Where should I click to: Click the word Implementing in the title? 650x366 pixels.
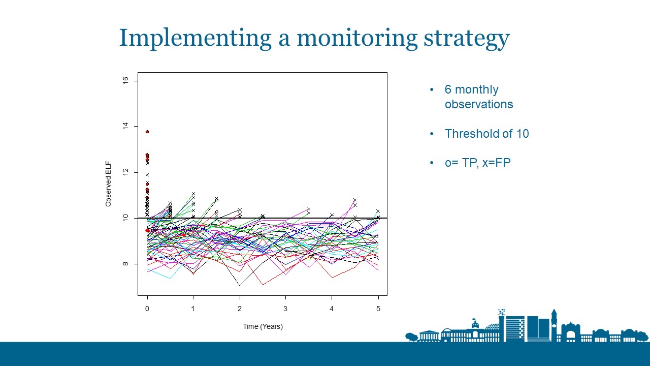pyautogui.click(x=196, y=38)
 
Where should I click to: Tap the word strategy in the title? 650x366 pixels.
pyautogui.click(x=466, y=39)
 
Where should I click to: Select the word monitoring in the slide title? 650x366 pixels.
pyautogui.click(x=357, y=39)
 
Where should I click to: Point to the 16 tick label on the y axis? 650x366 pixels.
pyautogui.click(x=125, y=80)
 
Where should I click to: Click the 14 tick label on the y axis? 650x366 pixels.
pyautogui.click(x=125, y=126)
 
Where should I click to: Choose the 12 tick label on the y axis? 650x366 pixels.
pyautogui.click(x=125, y=172)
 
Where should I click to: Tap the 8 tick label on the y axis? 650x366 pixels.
pyautogui.click(x=125, y=264)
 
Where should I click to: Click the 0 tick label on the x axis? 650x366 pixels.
pyautogui.click(x=147, y=309)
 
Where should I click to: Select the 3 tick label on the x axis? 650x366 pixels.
pyautogui.click(x=285, y=309)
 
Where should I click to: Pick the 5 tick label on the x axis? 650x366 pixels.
pyautogui.click(x=378, y=309)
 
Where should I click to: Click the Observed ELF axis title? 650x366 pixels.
pyautogui.click(x=108, y=184)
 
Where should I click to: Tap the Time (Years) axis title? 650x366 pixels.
pyautogui.click(x=263, y=326)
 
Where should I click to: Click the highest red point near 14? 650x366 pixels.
pyautogui.click(x=147, y=132)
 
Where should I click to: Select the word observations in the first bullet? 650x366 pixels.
pyautogui.click(x=479, y=104)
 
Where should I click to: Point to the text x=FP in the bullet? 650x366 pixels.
pyautogui.click(x=497, y=163)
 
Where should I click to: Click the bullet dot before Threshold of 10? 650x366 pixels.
pyautogui.click(x=432, y=134)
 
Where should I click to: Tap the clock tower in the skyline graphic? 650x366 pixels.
pyautogui.click(x=554, y=325)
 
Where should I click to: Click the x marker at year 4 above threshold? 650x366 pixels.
pyautogui.click(x=332, y=215)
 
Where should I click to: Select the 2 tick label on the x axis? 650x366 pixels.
pyautogui.click(x=239, y=309)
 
